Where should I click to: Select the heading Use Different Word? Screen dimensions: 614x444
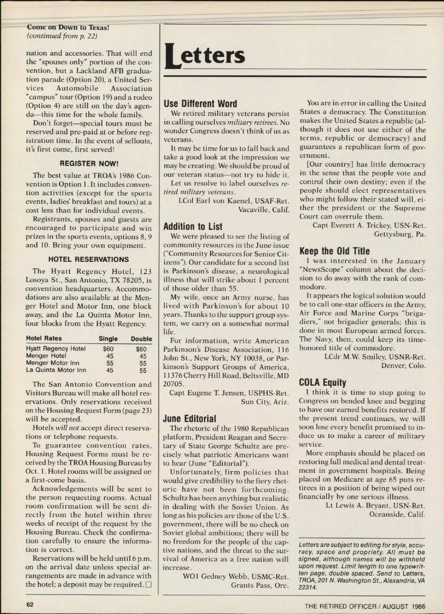tap(200, 104)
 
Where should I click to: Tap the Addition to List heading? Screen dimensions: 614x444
tap(193, 227)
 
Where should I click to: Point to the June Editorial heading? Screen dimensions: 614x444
tap(189, 419)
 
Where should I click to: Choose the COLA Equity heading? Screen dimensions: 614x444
tap(322, 382)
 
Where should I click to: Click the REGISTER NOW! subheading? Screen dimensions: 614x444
tap(89, 163)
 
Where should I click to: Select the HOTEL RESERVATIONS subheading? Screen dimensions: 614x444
tap(89, 259)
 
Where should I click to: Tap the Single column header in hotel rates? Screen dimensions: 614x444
tap(108, 339)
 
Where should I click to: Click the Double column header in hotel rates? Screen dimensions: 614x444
tap(141, 339)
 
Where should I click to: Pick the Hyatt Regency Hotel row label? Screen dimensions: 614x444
tap(55, 349)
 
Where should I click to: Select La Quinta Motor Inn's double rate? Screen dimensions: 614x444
tap(143, 370)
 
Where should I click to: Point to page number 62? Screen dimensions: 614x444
tap(30, 604)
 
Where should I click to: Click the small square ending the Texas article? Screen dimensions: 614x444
tap(149, 585)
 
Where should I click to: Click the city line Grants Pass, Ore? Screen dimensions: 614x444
tap(260, 585)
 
